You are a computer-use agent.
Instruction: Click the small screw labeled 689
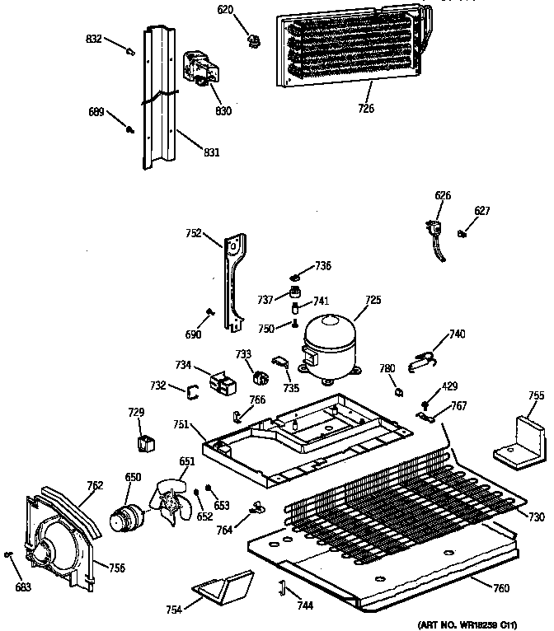[129, 128]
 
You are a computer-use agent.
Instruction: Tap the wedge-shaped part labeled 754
[223, 587]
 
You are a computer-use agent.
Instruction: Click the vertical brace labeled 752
[234, 280]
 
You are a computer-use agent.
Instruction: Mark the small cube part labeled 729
[145, 444]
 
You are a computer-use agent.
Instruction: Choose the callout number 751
[181, 424]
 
